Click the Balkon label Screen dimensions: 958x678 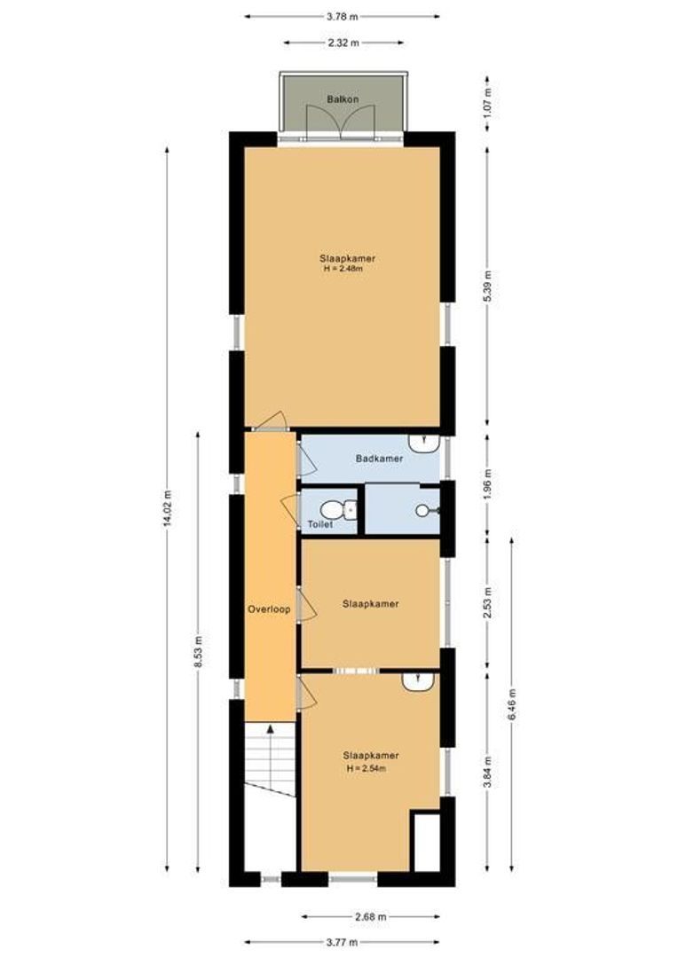point(342,99)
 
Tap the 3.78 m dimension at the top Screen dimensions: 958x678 point(342,16)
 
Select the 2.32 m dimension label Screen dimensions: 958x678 point(342,43)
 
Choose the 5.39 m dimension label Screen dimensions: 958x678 point(487,286)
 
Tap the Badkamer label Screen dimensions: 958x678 point(379,459)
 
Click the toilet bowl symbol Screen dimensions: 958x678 point(332,510)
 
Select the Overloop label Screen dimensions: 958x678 point(269,609)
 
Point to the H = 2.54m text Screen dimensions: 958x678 point(370,768)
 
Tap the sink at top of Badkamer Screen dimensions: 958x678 point(422,441)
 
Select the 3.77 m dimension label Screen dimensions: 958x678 point(342,942)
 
